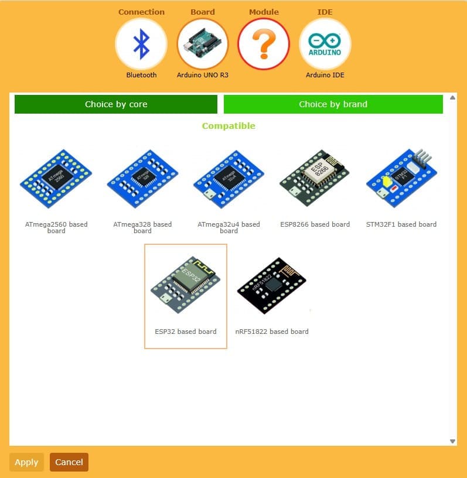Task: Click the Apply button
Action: [26, 462]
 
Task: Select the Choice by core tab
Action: [116, 104]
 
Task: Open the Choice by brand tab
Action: [333, 104]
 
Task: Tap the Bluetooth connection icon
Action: [141, 44]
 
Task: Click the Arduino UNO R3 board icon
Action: [203, 44]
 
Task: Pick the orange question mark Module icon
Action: [264, 44]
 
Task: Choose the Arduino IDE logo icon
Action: [325, 44]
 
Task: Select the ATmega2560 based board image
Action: [56, 179]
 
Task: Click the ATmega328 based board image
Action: [142, 179]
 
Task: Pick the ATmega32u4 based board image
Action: [229, 179]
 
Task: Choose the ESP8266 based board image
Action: [315, 178]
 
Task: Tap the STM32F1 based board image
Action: [401, 178]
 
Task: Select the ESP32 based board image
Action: [186, 285]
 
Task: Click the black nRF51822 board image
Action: [272, 286]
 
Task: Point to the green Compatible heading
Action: [229, 126]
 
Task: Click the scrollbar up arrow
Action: [453, 98]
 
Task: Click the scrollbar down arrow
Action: [453, 441]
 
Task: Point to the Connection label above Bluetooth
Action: [141, 12]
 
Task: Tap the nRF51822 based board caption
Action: [272, 332]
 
